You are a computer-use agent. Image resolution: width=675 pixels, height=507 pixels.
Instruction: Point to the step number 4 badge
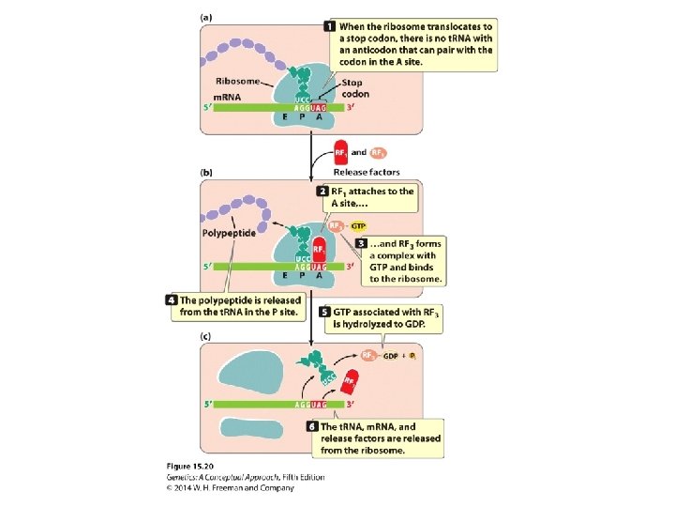tap(172, 300)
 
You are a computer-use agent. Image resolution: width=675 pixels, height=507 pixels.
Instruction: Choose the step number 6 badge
tap(313, 426)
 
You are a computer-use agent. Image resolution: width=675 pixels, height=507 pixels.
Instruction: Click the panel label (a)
tap(205, 17)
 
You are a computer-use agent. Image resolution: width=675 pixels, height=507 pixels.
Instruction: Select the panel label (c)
tap(205, 335)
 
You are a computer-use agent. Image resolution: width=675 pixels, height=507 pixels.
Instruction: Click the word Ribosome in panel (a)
tap(239, 81)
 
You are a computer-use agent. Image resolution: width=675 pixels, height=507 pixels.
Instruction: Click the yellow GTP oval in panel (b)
tap(358, 226)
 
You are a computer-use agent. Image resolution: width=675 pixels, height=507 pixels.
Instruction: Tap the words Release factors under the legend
tap(367, 173)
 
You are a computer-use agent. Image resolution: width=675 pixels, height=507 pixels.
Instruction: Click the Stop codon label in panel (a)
tap(355, 89)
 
